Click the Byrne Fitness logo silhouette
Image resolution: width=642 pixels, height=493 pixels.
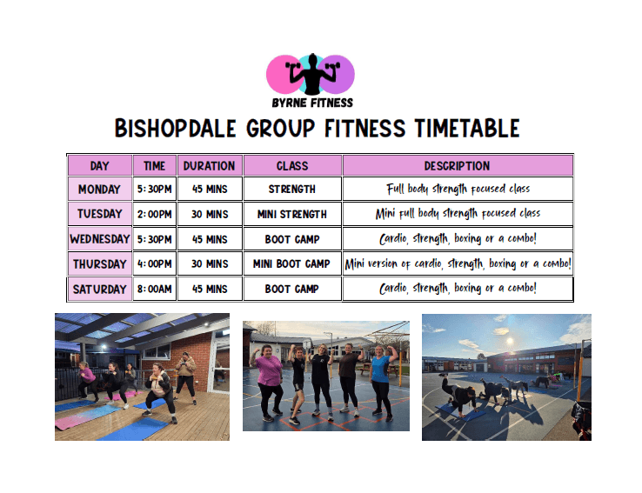click(312, 74)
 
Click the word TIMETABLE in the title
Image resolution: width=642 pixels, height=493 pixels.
click(467, 128)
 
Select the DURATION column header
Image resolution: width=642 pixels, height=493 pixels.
click(210, 166)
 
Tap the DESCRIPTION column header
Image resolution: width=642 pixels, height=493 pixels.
click(458, 166)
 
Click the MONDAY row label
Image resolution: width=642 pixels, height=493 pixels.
click(99, 189)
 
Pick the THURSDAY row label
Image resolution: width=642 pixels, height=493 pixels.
click(99, 263)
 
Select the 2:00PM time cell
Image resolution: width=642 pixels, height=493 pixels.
click(154, 214)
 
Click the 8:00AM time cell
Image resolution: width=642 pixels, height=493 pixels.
click(154, 289)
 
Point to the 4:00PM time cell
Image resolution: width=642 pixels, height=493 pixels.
click(154, 263)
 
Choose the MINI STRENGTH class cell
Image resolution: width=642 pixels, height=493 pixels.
click(292, 214)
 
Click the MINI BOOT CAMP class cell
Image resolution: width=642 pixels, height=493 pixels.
click(292, 263)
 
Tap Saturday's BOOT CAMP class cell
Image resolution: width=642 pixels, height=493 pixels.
click(292, 289)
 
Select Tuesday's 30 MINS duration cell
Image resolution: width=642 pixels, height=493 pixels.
click(210, 214)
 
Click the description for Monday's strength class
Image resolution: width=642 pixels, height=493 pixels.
click(458, 189)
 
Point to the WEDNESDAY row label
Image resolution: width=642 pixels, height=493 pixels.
click(99, 239)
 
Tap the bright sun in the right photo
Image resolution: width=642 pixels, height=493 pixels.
click(510, 341)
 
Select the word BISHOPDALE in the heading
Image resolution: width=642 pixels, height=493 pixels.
click(175, 128)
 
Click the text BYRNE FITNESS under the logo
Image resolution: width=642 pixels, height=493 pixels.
click(312, 103)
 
